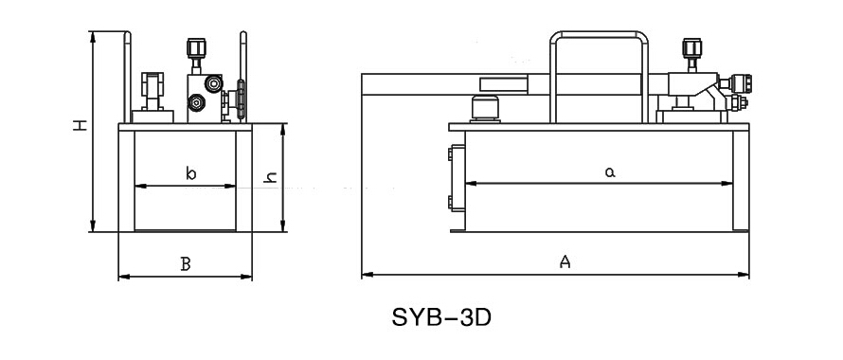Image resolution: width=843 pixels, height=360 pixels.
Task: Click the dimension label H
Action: pyautogui.click(x=81, y=125)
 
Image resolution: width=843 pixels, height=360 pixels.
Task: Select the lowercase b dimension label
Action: pyautogui.click(x=190, y=173)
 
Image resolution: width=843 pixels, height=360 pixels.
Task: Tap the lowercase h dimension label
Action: pyautogui.click(x=271, y=177)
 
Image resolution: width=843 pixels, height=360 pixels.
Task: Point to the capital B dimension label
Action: pyautogui.click(x=186, y=263)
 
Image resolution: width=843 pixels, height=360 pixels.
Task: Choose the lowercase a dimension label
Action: pyautogui.click(x=610, y=172)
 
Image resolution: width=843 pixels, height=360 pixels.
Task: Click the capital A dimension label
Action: pyautogui.click(x=565, y=262)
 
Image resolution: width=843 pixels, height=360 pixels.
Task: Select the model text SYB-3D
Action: pyautogui.click(x=441, y=317)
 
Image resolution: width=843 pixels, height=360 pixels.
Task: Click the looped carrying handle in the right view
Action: pyautogui.click(x=599, y=34)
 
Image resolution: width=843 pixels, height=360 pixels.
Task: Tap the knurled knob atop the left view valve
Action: pyautogui.click(x=196, y=47)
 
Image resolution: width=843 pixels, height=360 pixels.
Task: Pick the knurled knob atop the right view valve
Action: pyautogui.click(x=691, y=47)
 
